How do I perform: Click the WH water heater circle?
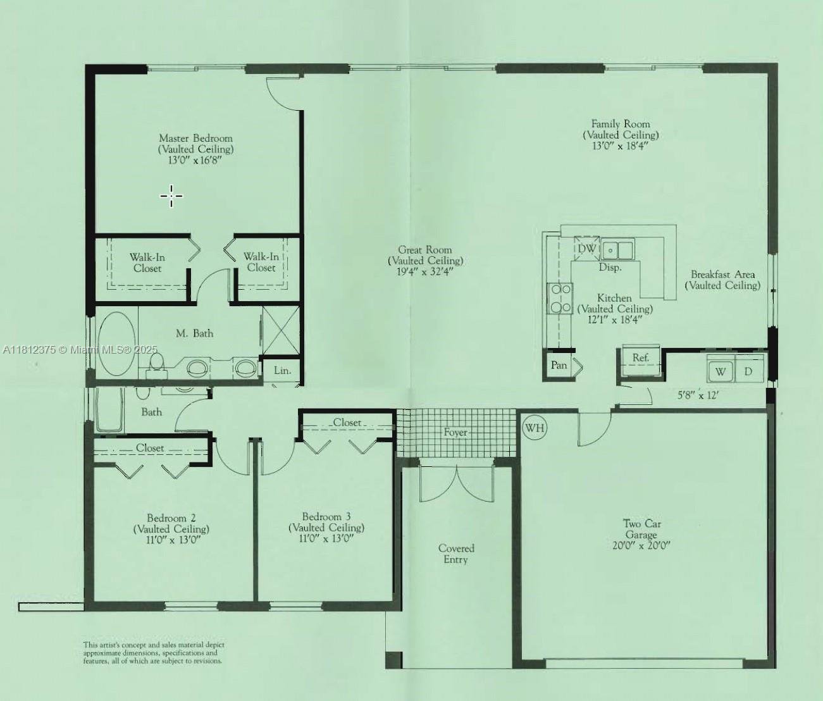coord(535,428)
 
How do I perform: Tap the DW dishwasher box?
coord(586,249)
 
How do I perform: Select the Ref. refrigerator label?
coord(641,357)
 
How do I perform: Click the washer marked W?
coord(721,371)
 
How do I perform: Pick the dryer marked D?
coord(749,371)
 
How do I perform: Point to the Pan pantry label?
coord(559,365)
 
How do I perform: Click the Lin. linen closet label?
coord(282,370)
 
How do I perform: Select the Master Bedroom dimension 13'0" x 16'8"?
coord(195,161)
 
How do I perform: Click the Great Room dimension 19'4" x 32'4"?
coord(426,271)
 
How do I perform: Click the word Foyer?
coord(455,432)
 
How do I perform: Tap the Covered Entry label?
coord(456,554)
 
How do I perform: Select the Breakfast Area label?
coord(722,275)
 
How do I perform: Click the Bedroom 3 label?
coord(326,517)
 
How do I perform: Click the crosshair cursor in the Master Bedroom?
coord(171,196)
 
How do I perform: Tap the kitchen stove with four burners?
coord(560,298)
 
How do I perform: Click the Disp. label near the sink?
coord(610,268)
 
